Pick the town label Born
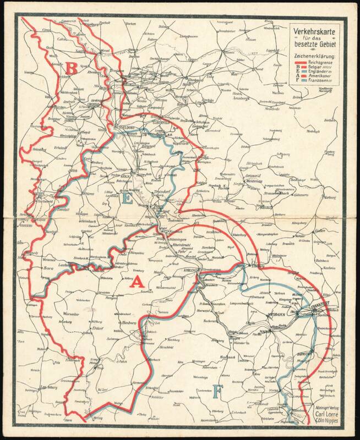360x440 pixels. click(x=48, y=269)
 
